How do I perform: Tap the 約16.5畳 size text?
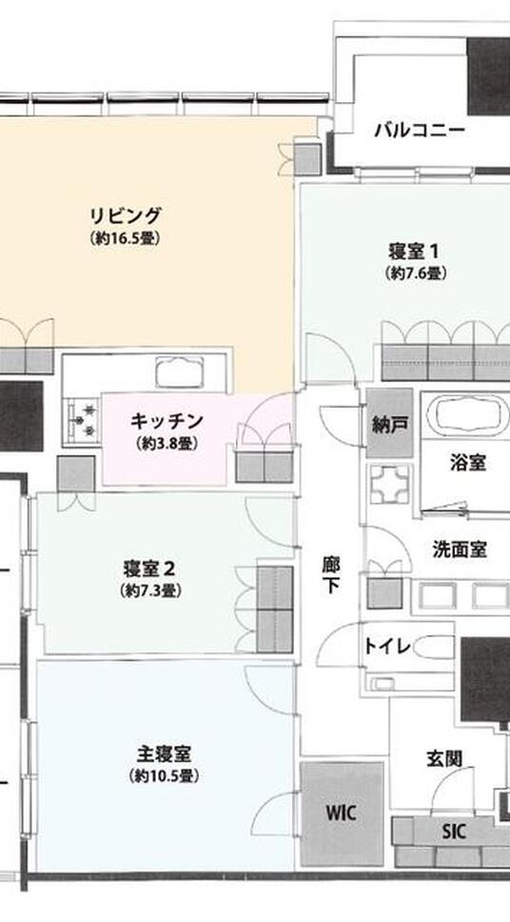tap(126, 239)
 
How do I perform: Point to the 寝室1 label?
tap(414, 252)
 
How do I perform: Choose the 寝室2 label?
tap(149, 569)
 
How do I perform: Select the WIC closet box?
tap(341, 812)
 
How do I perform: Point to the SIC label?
tap(455, 831)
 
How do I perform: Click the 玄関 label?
tap(442, 759)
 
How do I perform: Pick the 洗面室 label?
tap(460, 550)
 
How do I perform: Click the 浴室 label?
tap(468, 464)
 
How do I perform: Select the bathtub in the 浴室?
tap(469, 416)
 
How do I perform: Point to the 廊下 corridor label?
tap(329, 574)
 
